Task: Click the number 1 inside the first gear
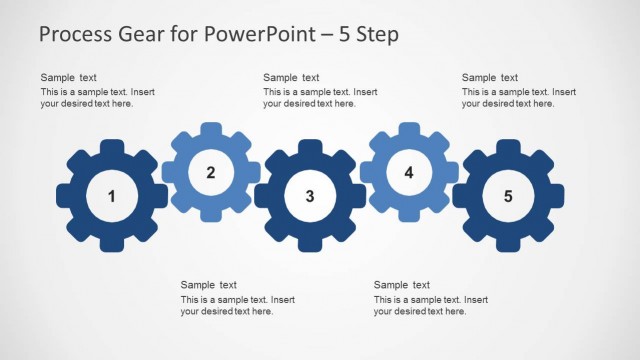click(x=112, y=196)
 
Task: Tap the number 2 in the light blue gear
click(x=211, y=172)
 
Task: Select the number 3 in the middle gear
click(x=310, y=196)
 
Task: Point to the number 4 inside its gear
click(x=409, y=172)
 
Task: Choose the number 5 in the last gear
click(x=508, y=196)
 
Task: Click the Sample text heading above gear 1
click(x=68, y=78)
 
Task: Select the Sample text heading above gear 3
click(x=291, y=78)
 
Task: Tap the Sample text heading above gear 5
click(x=490, y=78)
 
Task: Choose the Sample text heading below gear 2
click(x=208, y=285)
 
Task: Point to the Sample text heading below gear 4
click(x=402, y=285)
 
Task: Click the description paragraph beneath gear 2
click(x=237, y=306)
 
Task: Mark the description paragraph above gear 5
click(x=518, y=98)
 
